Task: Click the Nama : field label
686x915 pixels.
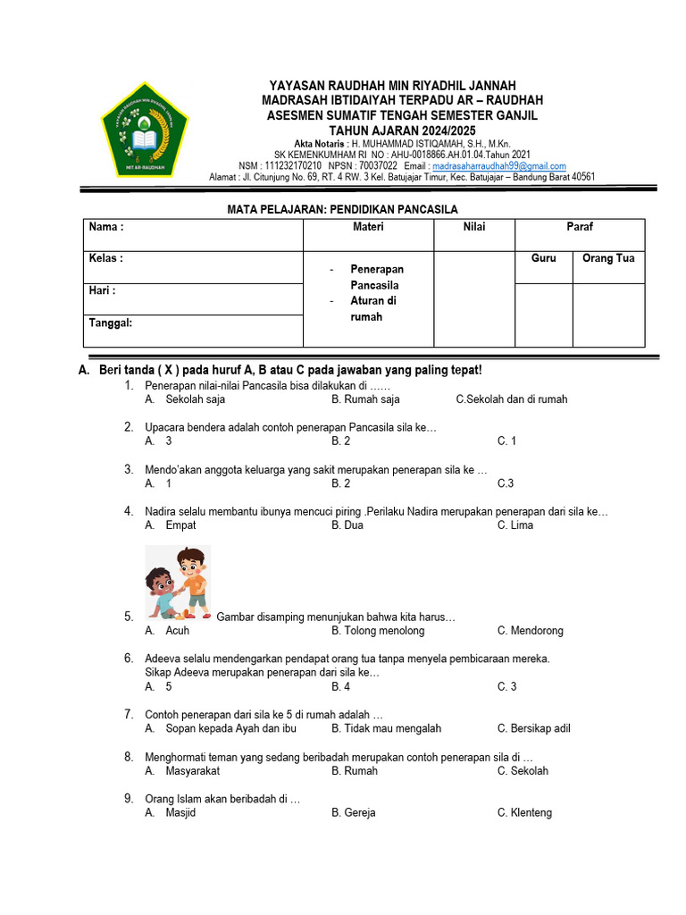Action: (x=106, y=227)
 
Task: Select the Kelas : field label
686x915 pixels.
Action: (x=106, y=258)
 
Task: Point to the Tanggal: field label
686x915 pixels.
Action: (x=111, y=323)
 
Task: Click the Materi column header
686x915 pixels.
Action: (x=368, y=227)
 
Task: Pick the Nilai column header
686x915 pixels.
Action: (x=474, y=227)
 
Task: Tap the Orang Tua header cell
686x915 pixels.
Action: (x=608, y=258)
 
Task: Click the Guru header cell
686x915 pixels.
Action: (x=543, y=258)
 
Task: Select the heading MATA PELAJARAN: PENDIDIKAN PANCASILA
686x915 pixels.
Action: (x=343, y=209)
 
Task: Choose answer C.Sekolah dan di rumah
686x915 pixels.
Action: (x=511, y=399)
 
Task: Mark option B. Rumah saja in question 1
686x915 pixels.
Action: (x=365, y=399)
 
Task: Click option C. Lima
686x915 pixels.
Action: (x=515, y=525)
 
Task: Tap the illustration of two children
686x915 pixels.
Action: (x=177, y=582)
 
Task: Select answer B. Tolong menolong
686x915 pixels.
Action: (x=378, y=631)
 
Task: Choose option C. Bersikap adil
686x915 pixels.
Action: (x=533, y=728)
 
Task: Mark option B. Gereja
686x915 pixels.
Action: (x=354, y=813)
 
